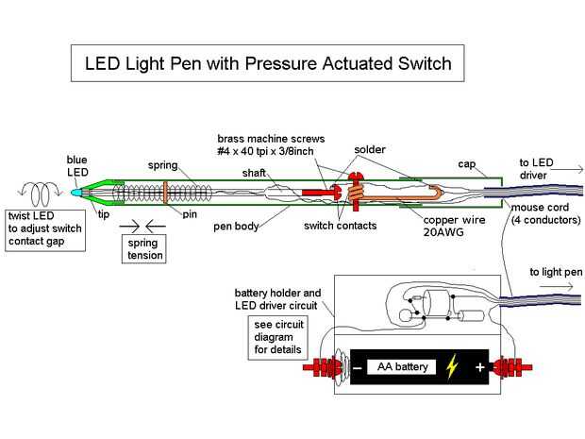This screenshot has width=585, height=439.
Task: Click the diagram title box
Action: (269, 63)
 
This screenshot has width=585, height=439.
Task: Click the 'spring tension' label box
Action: (143, 248)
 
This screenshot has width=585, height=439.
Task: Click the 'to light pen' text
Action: (556, 272)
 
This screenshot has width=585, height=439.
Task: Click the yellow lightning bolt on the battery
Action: (453, 367)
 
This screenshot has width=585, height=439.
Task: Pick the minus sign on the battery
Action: (359, 367)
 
